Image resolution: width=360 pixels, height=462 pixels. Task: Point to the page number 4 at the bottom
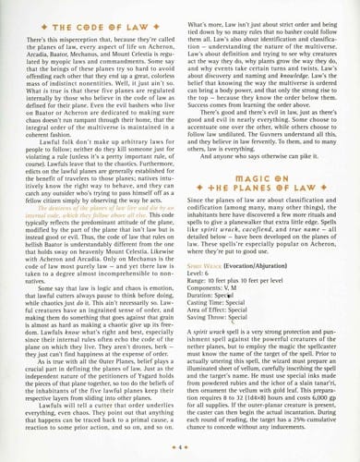pos(181,444)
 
